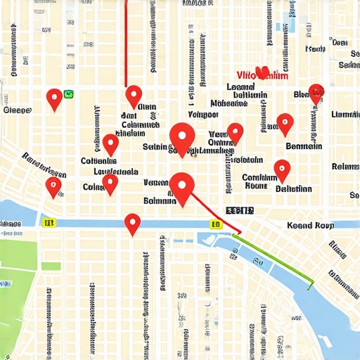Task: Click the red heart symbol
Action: (x=264, y=72)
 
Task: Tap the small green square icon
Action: (x=69, y=94)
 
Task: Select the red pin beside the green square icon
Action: (x=54, y=98)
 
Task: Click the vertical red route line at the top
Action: (x=125, y=42)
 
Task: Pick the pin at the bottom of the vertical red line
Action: (x=134, y=95)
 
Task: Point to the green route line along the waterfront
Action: (x=274, y=260)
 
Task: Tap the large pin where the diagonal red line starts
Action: (x=182, y=187)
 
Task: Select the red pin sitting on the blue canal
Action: (x=132, y=223)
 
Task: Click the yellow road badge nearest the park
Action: (x=49, y=223)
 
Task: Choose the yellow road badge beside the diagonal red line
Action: (x=215, y=224)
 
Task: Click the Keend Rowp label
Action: (x=310, y=226)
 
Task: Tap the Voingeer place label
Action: (x=203, y=114)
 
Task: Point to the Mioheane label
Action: (x=229, y=103)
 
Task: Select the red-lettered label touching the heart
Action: (x=262, y=76)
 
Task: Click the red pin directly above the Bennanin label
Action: (x=285, y=123)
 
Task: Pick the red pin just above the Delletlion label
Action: (x=282, y=169)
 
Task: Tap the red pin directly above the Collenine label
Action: (x=110, y=143)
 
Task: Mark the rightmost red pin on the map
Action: (x=316, y=92)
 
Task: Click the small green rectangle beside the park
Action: (x=52, y=265)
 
